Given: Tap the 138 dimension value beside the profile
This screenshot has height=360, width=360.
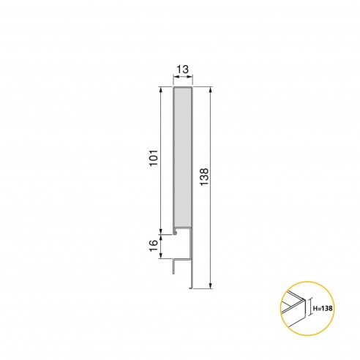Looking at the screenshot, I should pos(203,179).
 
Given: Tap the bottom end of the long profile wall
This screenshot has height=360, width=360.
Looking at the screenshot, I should pos(192,287).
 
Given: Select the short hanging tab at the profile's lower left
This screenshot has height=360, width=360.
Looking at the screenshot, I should pos(173,266).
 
